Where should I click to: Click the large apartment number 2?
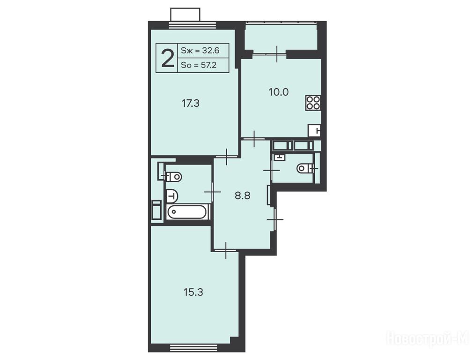168,58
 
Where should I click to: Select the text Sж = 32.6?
200,50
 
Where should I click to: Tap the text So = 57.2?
199,65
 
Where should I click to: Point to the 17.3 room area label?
191,104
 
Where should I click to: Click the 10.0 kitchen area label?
279,92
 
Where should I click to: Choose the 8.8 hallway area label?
243,196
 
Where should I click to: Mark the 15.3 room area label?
193,292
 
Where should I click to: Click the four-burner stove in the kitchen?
313,103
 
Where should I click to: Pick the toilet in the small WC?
304,168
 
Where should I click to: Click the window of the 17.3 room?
193,25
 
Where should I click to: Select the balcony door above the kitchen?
270,54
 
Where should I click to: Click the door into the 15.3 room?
226,250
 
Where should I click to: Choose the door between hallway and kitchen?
254,139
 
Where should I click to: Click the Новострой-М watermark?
428,338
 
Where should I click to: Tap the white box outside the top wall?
185,15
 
